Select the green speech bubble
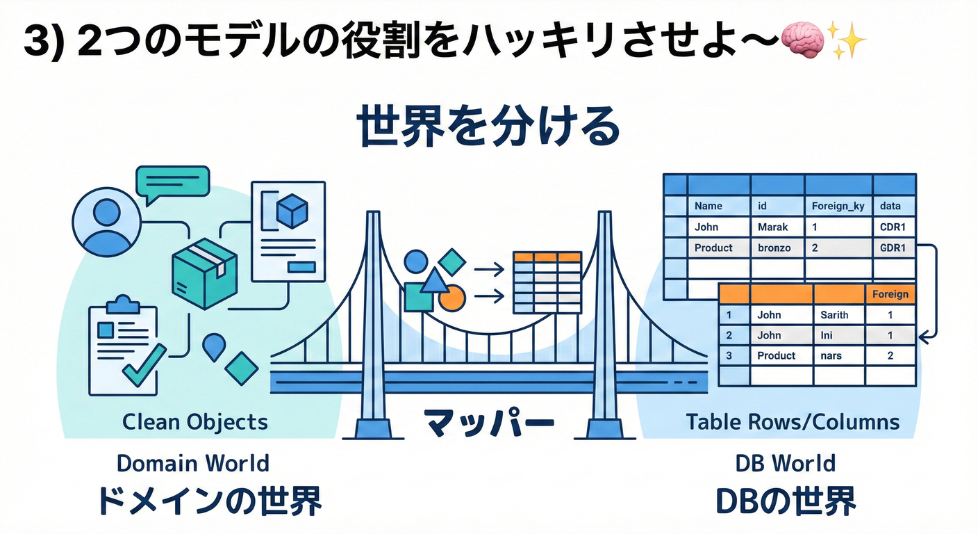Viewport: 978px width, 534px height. click(172, 183)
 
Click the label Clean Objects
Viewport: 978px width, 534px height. click(195, 421)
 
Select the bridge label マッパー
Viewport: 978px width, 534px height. click(479, 423)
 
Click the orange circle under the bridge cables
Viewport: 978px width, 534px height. click(452, 297)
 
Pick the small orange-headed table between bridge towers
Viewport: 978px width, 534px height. click(547, 282)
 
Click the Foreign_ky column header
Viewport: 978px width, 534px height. click(837, 206)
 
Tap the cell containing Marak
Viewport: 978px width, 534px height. click(773, 227)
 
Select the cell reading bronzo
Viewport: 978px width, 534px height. click(774, 248)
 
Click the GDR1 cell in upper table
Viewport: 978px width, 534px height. click(893, 248)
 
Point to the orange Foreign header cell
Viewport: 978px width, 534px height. click(890, 294)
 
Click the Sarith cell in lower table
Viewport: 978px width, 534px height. click(834, 315)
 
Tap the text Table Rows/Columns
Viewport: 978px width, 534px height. click(793, 421)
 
